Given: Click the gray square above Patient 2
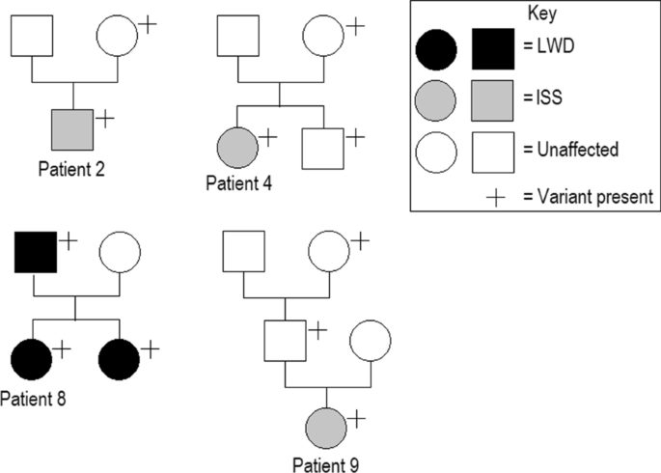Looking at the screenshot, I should click(72, 128).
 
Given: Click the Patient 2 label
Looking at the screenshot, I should click(72, 168).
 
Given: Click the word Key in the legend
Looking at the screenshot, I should click(542, 14).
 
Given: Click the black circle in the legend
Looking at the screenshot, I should click(436, 49).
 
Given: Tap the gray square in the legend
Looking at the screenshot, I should click(492, 100).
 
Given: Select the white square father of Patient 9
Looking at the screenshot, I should click(286, 340).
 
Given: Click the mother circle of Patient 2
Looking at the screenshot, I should click(118, 36).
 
